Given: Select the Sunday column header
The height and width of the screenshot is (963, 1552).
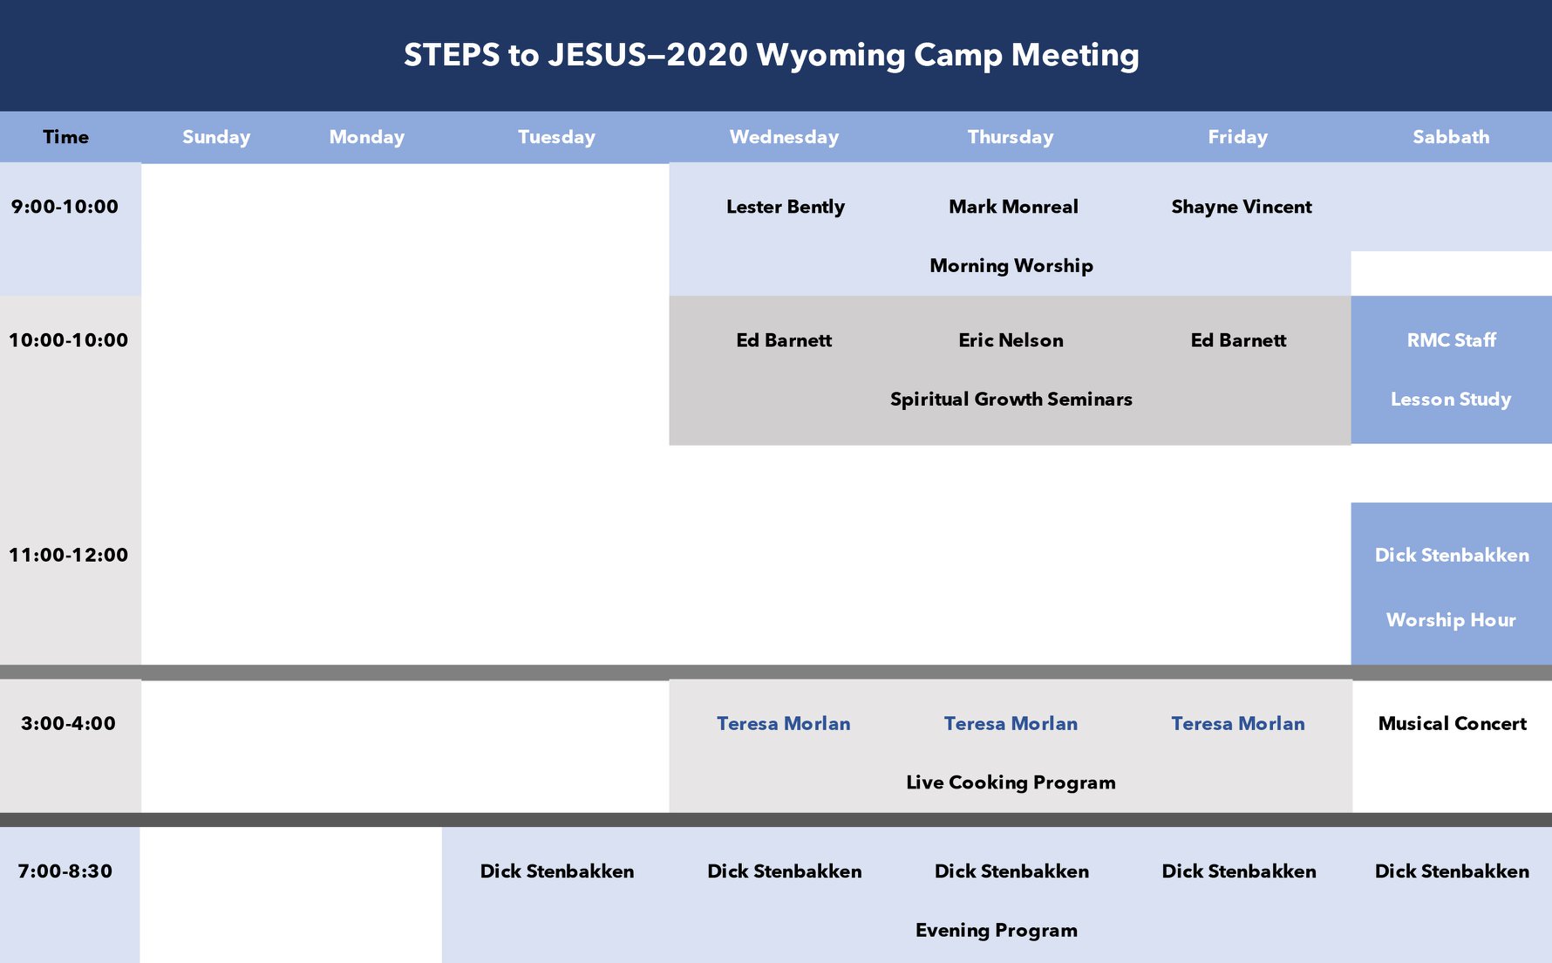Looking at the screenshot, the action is click(x=216, y=137).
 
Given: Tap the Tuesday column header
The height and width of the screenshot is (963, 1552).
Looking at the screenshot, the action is click(x=556, y=137).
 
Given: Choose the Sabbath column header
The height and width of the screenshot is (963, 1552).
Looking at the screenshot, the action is click(x=1451, y=137).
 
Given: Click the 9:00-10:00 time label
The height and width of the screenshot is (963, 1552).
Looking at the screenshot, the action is click(x=65, y=207).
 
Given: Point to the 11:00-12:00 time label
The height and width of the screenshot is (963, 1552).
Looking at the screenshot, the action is click(x=68, y=555).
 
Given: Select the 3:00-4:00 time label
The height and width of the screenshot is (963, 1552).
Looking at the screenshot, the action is click(x=68, y=723).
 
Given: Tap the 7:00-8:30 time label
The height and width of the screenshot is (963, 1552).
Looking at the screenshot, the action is click(x=65, y=871).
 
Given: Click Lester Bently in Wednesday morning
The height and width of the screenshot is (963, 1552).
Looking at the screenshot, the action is click(x=786, y=207).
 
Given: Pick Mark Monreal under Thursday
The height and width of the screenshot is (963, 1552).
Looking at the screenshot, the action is click(x=1013, y=207).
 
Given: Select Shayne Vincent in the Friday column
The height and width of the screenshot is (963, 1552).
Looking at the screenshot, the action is click(x=1242, y=207).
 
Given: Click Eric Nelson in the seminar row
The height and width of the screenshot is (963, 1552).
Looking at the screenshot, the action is click(x=1011, y=340).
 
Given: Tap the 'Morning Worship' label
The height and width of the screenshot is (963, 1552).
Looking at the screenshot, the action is click(x=1011, y=265).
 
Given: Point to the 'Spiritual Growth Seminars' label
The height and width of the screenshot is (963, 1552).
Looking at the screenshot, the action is click(x=1011, y=399).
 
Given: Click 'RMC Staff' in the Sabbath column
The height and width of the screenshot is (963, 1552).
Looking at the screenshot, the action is click(x=1451, y=340).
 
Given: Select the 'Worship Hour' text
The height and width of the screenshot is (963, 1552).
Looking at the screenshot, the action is click(x=1451, y=619).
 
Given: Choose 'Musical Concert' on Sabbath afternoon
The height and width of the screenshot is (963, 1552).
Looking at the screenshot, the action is click(x=1452, y=723).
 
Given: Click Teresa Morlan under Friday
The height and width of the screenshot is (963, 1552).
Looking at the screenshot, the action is click(x=1238, y=723).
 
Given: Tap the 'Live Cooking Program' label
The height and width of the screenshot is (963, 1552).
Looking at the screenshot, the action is click(x=1011, y=782).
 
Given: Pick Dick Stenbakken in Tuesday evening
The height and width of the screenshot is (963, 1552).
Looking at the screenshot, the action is click(x=557, y=871).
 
